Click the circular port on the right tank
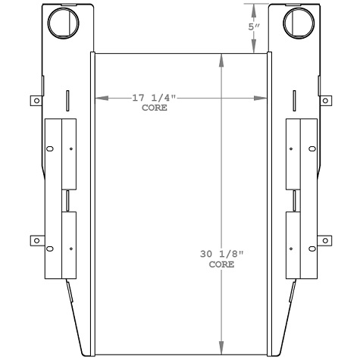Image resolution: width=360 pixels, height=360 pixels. [297, 23]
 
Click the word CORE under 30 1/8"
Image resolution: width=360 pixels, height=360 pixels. [221, 265]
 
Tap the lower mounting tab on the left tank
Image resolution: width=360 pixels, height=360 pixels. [33, 239]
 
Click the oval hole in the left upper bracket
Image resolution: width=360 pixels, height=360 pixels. [50, 149]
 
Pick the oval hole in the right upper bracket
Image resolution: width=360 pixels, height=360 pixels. [310, 149]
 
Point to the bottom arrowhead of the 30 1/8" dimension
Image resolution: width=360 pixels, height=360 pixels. [221, 345]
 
